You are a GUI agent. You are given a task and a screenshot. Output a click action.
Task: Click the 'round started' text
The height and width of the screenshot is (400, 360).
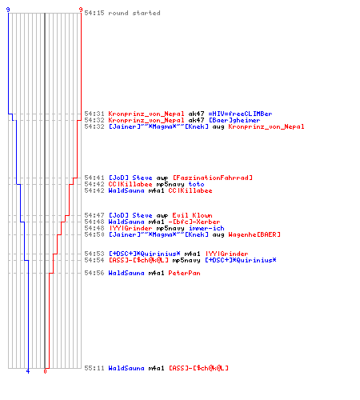point(134,13)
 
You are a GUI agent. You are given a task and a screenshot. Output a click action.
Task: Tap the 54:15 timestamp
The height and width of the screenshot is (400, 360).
point(94,13)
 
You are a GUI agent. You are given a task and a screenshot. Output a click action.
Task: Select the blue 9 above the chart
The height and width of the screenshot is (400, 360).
point(8,10)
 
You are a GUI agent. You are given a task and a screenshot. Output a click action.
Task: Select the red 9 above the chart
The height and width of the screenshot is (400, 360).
point(81,10)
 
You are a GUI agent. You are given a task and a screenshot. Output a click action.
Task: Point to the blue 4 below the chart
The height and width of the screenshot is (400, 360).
point(28,371)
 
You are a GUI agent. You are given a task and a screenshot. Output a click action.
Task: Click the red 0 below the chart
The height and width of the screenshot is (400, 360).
point(45,371)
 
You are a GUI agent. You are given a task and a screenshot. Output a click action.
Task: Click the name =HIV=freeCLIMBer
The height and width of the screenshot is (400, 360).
point(240,114)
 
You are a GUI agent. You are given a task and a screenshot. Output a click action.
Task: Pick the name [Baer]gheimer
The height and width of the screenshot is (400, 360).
point(234,120)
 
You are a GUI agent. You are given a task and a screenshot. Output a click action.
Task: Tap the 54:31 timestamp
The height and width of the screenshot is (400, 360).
point(94,114)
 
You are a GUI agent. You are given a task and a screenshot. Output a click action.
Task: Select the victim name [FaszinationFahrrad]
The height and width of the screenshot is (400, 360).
point(213,178)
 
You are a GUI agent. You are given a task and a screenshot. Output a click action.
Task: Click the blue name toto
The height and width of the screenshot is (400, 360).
point(196,184)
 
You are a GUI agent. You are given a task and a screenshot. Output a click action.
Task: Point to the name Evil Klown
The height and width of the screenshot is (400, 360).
point(192,215)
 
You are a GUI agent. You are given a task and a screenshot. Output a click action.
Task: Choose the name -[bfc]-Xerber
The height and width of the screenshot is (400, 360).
point(194,222)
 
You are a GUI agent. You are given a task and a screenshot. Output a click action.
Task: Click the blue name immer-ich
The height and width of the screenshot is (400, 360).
point(206,228)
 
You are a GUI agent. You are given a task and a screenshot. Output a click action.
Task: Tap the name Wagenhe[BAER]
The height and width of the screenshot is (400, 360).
point(254,234)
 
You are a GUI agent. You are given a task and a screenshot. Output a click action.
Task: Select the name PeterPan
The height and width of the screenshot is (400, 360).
point(184,273)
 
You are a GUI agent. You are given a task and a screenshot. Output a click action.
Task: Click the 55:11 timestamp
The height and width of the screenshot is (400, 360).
point(94,368)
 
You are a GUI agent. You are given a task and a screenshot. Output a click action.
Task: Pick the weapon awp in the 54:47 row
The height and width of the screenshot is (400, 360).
point(162,216)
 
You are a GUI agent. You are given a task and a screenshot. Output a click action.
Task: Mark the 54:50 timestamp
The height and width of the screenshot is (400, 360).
point(94,234)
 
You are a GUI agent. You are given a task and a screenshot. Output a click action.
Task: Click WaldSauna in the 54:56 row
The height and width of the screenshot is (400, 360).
point(126,273)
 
